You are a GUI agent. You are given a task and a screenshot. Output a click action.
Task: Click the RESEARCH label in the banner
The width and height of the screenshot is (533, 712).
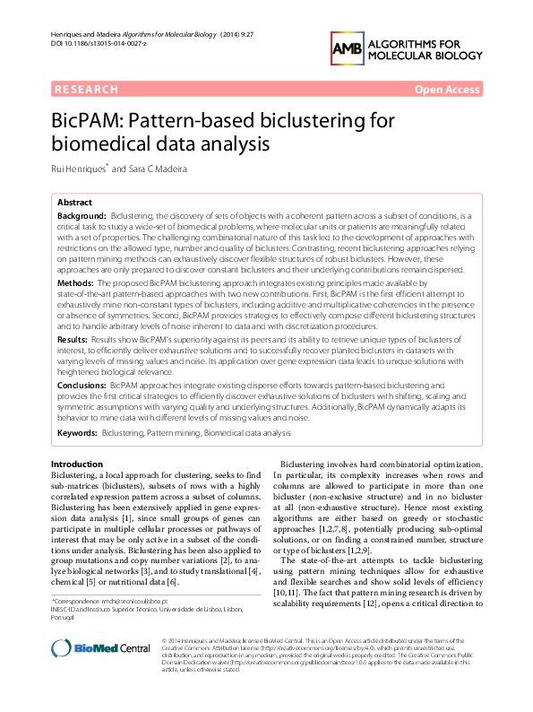(87, 90)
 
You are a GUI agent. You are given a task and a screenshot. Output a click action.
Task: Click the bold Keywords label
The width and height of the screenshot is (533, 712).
(77, 432)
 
